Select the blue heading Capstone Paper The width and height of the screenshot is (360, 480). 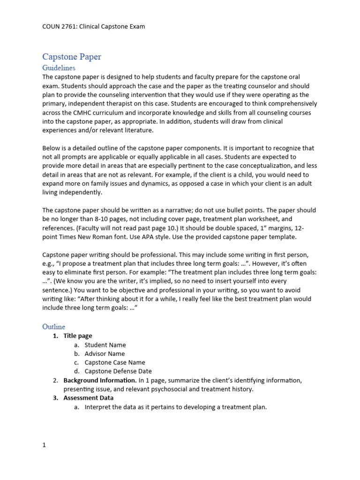pos(72,57)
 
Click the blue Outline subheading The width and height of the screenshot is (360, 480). pos(54,326)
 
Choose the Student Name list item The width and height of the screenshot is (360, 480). pos(105,345)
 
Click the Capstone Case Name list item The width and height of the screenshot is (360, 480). pos(115,362)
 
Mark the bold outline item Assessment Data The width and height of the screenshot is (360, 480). pos(89,398)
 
